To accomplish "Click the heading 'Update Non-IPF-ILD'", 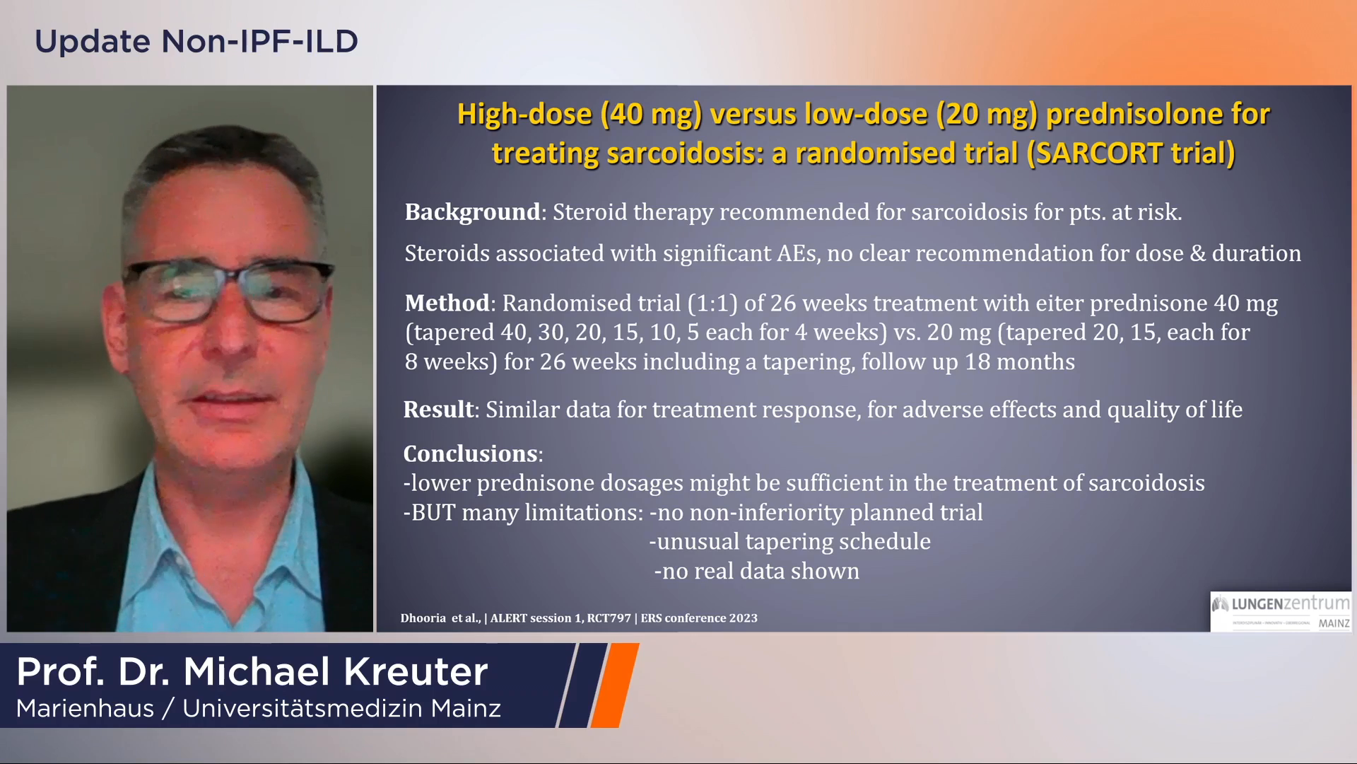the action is (196, 41).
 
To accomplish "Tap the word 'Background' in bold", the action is (472, 212).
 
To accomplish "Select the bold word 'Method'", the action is (447, 303).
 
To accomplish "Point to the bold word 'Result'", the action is (438, 409).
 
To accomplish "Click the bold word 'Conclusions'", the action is (471, 453).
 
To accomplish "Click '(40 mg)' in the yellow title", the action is (651, 114).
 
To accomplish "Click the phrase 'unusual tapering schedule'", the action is (794, 541).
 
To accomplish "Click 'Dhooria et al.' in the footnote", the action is (440, 618).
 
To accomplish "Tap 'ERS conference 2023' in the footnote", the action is (699, 618).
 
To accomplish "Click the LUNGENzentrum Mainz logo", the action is (1281, 612).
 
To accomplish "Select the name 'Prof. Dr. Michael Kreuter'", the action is (252, 671).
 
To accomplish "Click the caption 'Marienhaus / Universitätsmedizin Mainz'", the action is (259, 708).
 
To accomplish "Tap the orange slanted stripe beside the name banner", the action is (615, 685).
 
